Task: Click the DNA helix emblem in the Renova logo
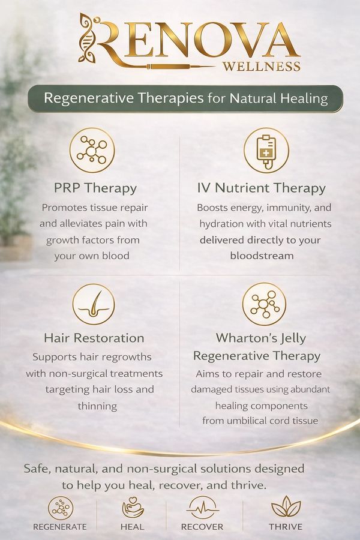pos(87,38)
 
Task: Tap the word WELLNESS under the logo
pos(262,66)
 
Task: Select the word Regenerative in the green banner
pos(89,98)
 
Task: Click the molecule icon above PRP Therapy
pos(92,150)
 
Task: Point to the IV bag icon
pos(266,151)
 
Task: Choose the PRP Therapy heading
pos(95,188)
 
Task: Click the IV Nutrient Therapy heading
pos(262,188)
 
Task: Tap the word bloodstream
pos(262,256)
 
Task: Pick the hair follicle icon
pos(94,304)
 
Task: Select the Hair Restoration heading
pos(94,338)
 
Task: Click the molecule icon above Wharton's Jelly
pos(264,304)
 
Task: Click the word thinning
pos(97,406)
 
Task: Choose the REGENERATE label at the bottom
pos(60,527)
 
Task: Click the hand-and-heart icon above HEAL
pos(133,507)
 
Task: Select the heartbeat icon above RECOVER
pos(203,508)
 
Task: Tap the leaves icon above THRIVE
pos(286,506)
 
